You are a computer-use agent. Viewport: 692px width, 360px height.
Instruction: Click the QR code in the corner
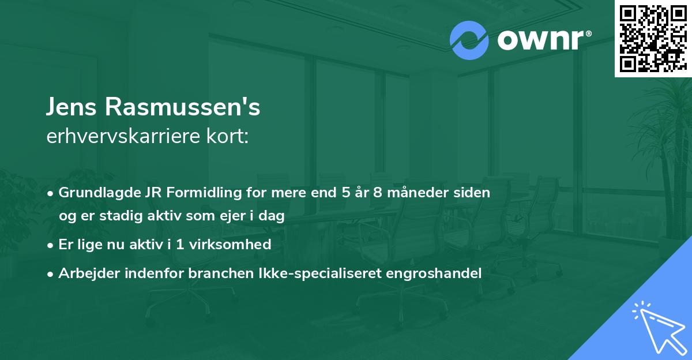pyautogui.click(x=653, y=39)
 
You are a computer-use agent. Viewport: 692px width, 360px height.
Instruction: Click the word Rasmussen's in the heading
pyautogui.click(x=184, y=108)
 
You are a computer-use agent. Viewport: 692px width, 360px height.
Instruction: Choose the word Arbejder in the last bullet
pyautogui.click(x=85, y=273)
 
